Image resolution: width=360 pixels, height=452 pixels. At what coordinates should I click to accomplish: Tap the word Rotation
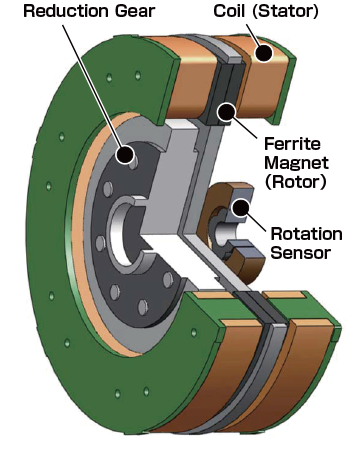click(x=306, y=233)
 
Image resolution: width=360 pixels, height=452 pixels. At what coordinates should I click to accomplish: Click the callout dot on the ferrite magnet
click(x=228, y=111)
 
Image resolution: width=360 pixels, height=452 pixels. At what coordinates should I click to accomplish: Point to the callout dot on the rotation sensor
click(x=241, y=208)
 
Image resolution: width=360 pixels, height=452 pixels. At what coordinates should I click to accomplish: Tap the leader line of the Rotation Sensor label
click(x=256, y=221)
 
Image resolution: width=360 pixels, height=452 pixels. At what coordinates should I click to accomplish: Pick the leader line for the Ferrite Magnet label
click(x=245, y=127)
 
